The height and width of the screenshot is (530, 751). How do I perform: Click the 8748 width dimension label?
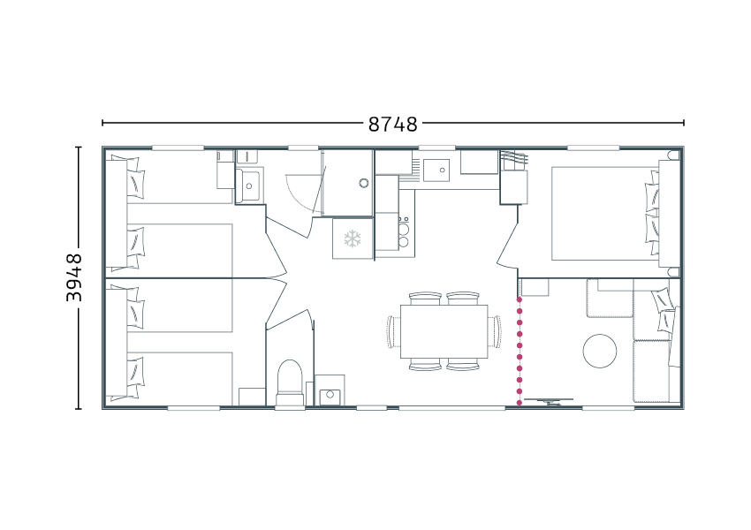pos(393,124)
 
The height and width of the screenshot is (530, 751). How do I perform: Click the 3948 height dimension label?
pos(73,277)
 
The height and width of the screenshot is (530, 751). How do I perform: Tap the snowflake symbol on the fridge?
pos(353,238)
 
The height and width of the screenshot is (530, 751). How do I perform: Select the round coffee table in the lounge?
pos(600,351)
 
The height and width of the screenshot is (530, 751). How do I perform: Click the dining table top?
pos(444,331)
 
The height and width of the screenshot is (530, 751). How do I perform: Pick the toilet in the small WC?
pos(290,382)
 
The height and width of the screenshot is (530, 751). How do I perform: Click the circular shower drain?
pos(364,183)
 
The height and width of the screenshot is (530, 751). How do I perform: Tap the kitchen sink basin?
pos(436,170)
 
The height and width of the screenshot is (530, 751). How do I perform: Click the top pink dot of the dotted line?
pos(520,299)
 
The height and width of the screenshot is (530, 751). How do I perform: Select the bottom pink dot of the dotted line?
pos(520,403)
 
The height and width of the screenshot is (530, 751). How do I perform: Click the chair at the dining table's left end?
pos(394,331)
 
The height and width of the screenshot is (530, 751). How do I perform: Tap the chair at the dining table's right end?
pos(495,331)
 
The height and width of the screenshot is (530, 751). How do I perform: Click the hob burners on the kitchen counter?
pos(404,232)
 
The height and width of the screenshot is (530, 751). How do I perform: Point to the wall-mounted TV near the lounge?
pos(549,401)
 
